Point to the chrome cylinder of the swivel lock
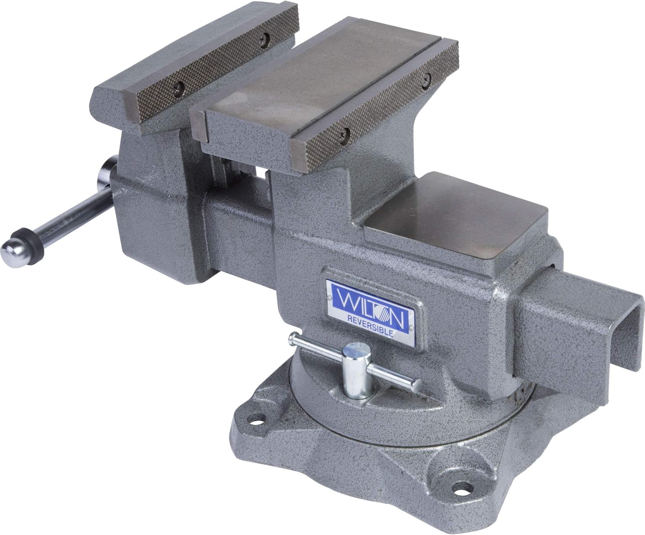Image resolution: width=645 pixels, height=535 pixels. [356, 370]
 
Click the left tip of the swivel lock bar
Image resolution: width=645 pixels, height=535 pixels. [292, 338]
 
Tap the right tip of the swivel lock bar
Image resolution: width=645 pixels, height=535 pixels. [416, 385]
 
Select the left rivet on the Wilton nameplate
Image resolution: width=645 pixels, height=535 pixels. [330, 297]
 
